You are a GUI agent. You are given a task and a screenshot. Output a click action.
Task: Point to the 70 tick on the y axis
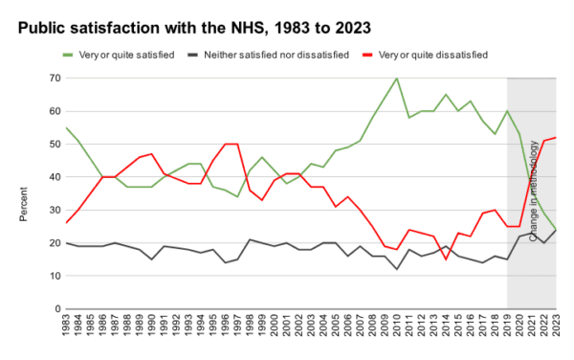tap(55, 79)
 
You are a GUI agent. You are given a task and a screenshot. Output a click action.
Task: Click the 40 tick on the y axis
tap(55, 177)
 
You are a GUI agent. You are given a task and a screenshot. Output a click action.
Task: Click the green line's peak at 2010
tap(397, 79)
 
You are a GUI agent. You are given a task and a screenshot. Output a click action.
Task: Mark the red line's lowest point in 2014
tap(446, 259)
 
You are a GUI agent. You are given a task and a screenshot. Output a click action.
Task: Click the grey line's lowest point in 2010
tap(397, 269)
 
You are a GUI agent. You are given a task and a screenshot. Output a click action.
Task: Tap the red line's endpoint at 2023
tap(557, 138)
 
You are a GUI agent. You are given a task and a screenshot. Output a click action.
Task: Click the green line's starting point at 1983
tap(65, 127)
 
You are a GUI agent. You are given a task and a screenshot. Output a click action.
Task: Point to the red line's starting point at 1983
tap(65, 223)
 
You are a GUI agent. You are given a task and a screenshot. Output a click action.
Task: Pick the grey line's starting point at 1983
tap(65, 243)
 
